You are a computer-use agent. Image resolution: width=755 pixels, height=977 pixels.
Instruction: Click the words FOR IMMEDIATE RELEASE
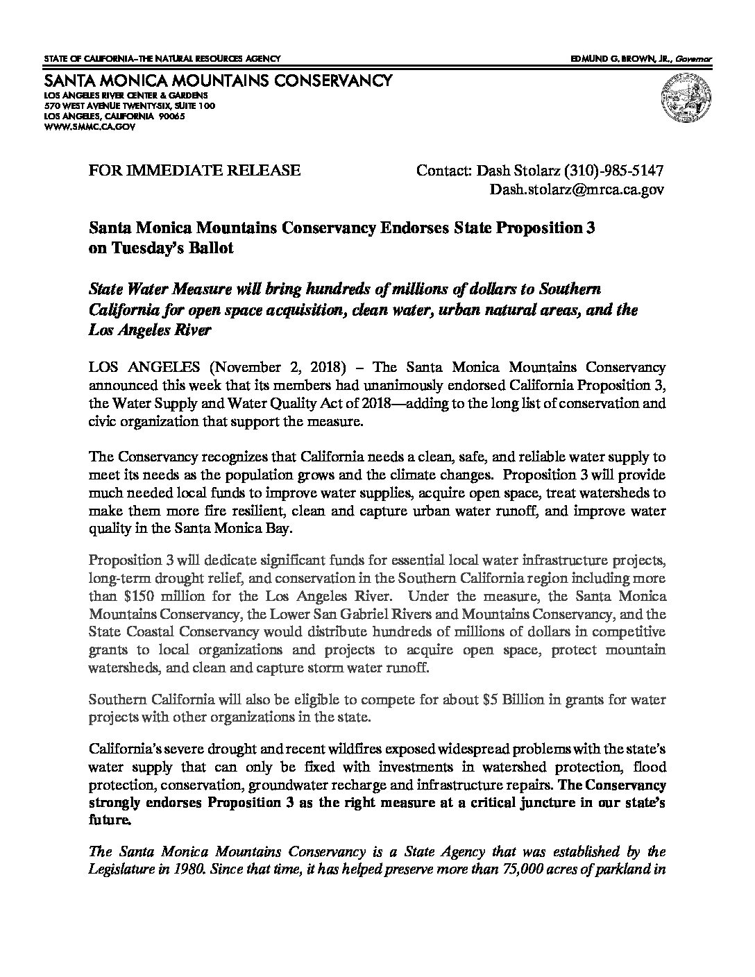196,170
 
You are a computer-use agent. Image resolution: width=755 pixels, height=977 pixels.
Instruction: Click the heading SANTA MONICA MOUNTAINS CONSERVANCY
217,81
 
